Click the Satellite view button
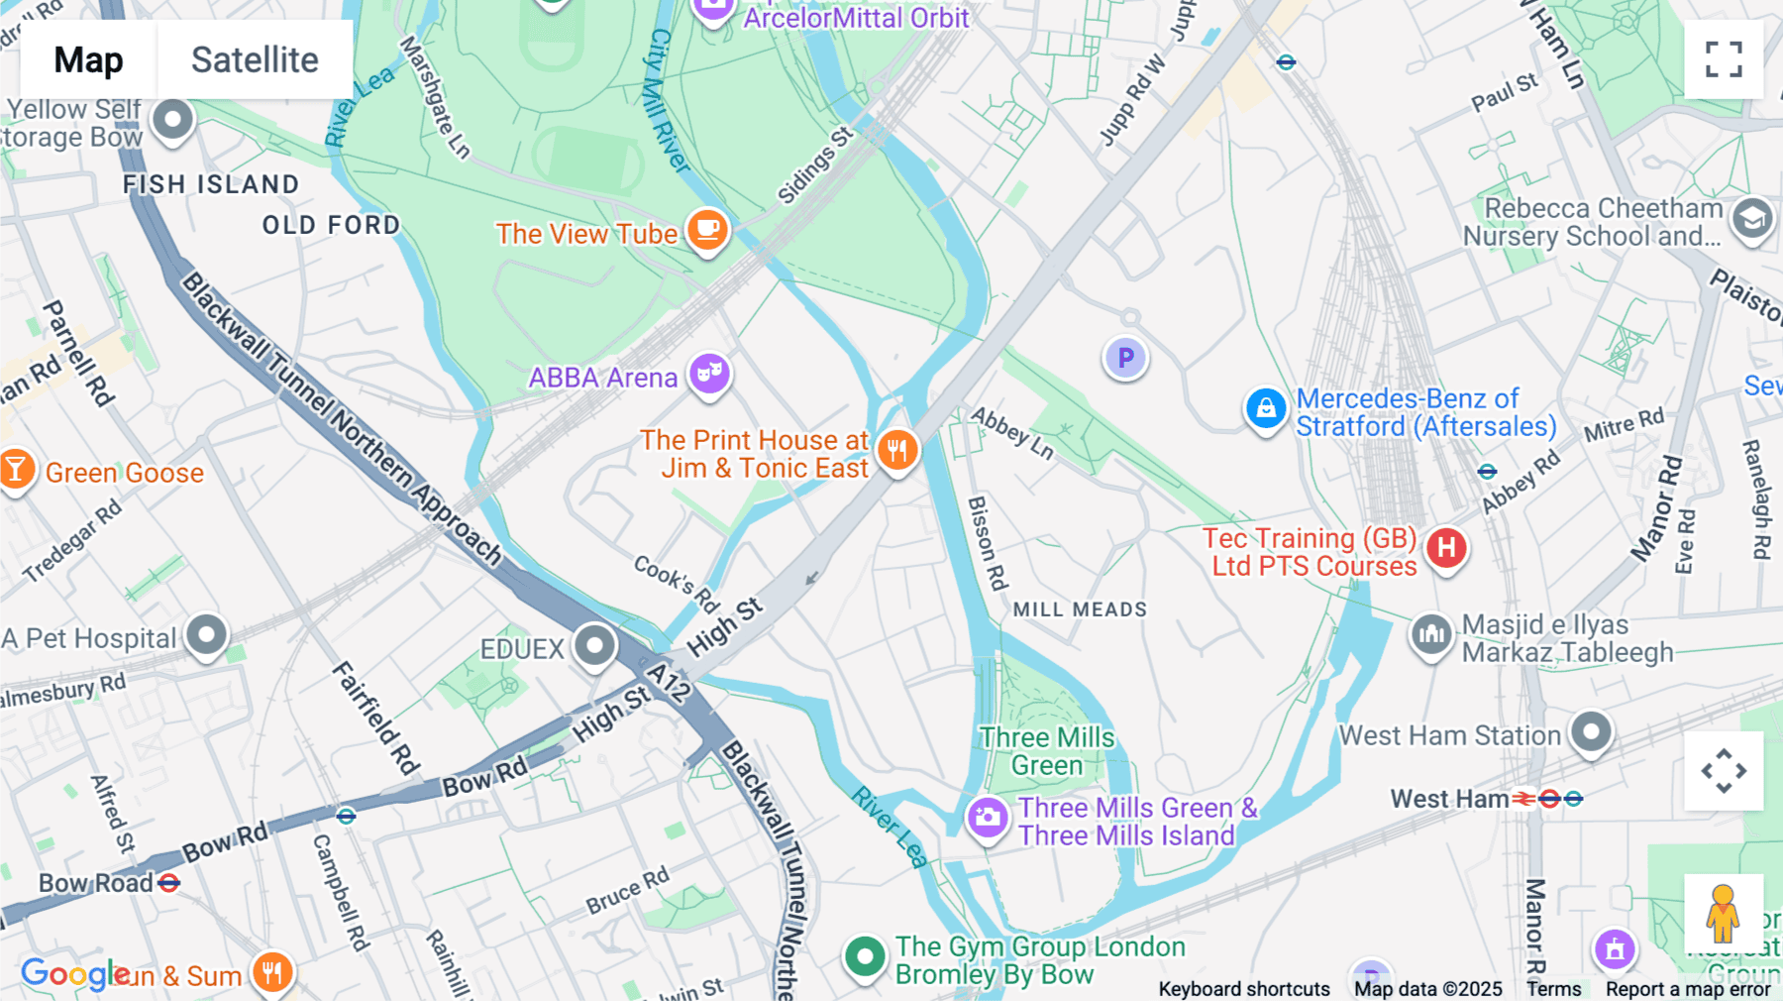click(255, 59)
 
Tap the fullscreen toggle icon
click(1724, 59)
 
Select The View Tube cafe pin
click(707, 230)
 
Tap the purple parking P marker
click(1125, 358)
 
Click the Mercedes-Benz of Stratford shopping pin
click(1265, 408)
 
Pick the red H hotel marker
click(1446, 547)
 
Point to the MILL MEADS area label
click(1080, 610)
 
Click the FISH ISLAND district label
click(210, 184)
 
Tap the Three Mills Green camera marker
click(987, 818)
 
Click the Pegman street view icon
click(1723, 913)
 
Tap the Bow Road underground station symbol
click(169, 882)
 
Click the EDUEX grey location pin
click(594, 646)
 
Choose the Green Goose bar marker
click(16, 469)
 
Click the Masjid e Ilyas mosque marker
click(1431, 634)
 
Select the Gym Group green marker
click(864, 957)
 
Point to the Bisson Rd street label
click(987, 543)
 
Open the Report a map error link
click(1687, 989)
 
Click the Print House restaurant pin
click(897, 451)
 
